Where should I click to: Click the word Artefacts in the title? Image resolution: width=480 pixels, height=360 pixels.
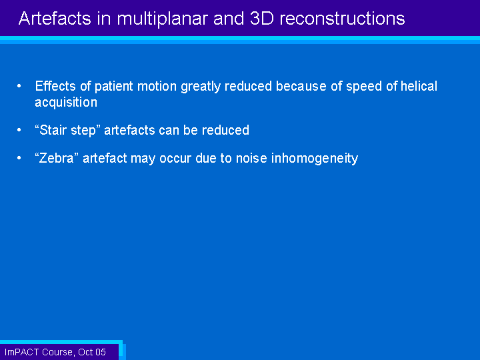[55, 19]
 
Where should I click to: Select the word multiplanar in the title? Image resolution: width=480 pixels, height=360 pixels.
[162, 19]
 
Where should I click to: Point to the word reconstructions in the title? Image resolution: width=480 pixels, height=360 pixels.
[342, 19]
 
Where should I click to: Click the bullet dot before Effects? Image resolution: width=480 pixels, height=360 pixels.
[19, 86]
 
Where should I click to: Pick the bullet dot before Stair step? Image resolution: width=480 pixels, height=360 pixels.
[19, 130]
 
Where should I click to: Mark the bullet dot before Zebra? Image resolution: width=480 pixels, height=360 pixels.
[19, 158]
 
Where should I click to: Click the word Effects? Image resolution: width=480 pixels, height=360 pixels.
[55, 86]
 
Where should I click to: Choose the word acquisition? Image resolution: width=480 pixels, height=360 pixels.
[66, 103]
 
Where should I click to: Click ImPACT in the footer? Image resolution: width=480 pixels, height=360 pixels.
[22, 352]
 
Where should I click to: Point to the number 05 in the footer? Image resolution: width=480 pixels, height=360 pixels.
[101, 352]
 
